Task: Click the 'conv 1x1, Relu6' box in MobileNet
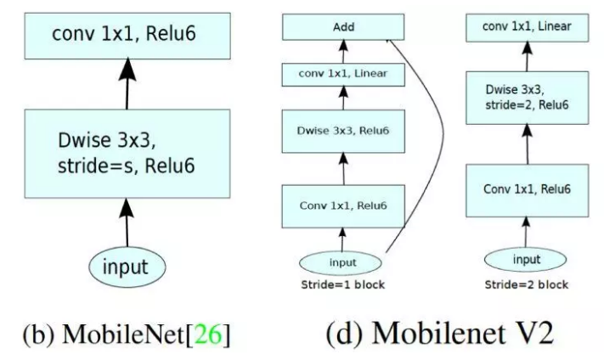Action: (127, 35)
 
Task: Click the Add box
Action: (342, 27)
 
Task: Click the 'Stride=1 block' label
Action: (343, 284)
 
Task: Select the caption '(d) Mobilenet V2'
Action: (439, 331)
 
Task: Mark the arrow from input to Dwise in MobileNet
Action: (126, 221)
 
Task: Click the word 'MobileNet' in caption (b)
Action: (133, 332)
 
